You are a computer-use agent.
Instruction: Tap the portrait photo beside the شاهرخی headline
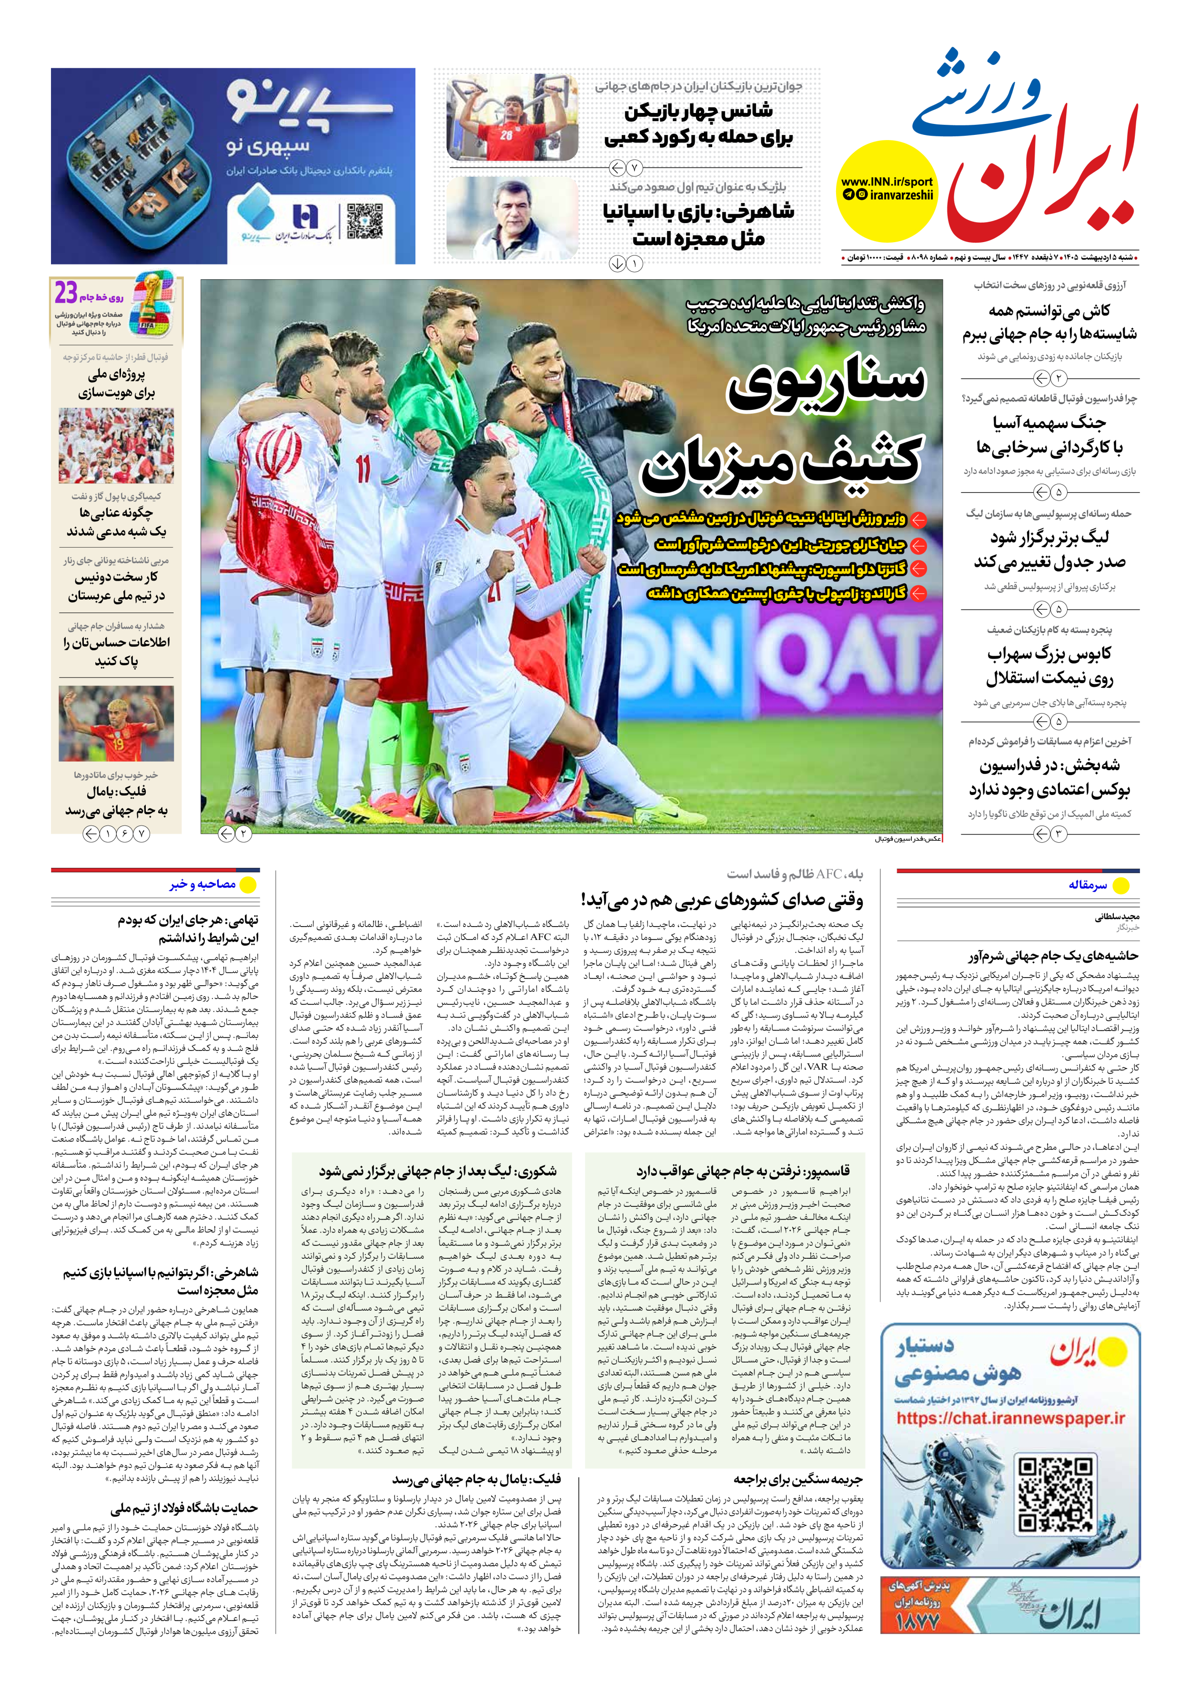(512, 217)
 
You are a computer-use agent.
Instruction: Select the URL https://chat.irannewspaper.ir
(1010, 1418)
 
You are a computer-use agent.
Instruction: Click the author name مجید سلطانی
(1117, 917)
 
